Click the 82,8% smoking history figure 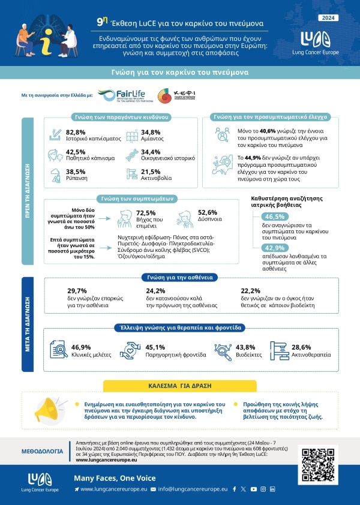[x=76, y=131]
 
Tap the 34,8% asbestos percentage [x=150, y=131]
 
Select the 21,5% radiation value [x=150, y=171]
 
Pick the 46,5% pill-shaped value [x=275, y=217]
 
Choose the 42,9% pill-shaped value [x=275, y=248]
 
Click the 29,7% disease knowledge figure [x=77, y=290]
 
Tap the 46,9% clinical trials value [x=81, y=347]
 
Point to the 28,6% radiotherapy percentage [x=301, y=347]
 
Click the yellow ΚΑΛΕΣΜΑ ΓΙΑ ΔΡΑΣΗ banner [x=180, y=384]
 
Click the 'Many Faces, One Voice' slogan [x=114, y=478]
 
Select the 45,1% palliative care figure [x=155, y=347]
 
